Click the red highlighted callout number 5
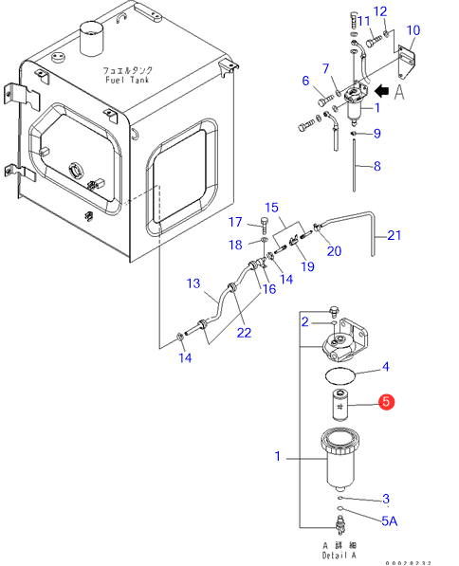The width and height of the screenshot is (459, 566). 386,401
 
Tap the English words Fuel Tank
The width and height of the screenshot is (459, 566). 127,80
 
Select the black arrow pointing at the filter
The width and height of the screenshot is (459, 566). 382,91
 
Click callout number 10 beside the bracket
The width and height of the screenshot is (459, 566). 413,30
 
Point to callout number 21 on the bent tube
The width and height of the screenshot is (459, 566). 394,235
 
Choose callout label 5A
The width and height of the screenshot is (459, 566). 390,520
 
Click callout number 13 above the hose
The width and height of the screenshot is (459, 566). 193,283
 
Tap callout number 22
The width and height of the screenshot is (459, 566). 244,333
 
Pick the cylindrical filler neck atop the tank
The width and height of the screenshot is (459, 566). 91,38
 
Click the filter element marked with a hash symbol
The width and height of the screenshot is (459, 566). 340,405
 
